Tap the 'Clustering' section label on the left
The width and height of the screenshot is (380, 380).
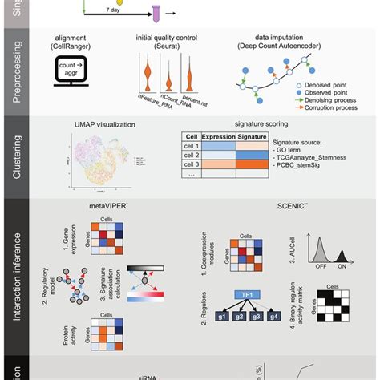16,156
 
